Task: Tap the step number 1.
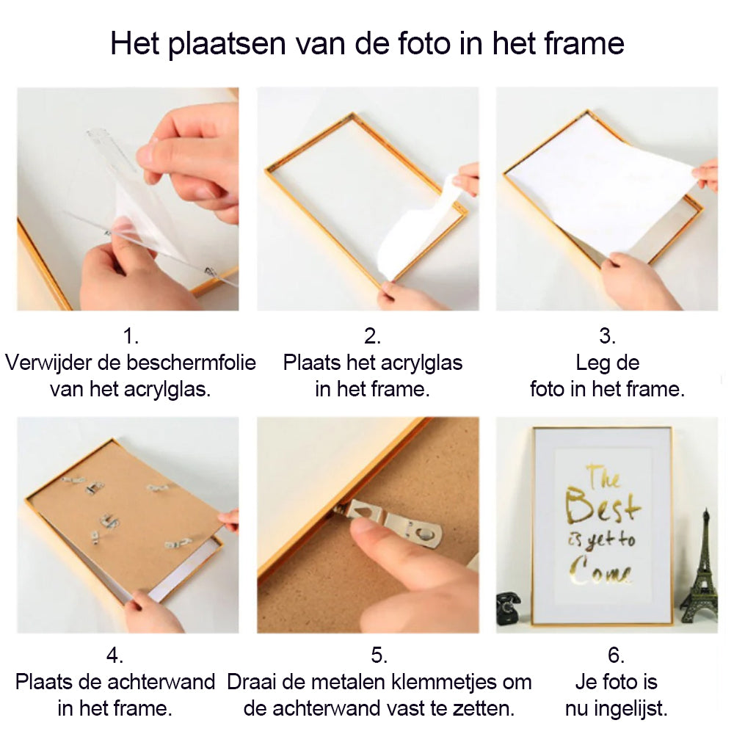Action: click(x=131, y=336)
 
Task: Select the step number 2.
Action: click(x=372, y=336)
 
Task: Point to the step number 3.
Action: click(x=607, y=336)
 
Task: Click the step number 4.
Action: click(x=115, y=655)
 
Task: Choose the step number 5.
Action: click(x=379, y=655)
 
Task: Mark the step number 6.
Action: click(x=616, y=655)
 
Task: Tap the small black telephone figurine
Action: click(x=509, y=608)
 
